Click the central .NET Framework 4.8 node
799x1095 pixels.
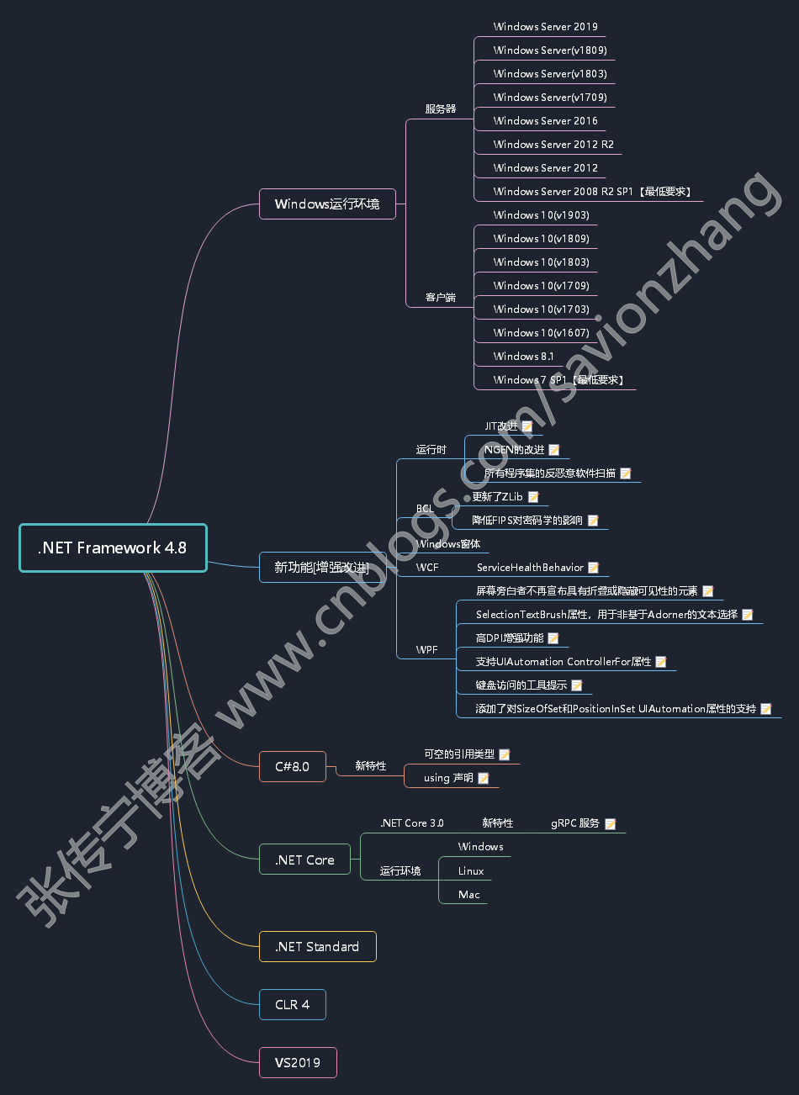coord(113,547)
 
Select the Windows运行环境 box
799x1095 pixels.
coord(327,204)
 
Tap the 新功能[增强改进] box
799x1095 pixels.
coord(322,568)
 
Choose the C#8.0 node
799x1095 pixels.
coord(292,766)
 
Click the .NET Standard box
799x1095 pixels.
coord(317,946)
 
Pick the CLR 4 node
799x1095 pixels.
coord(292,1004)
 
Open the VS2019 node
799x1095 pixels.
coord(298,1062)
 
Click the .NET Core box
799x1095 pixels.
coord(304,860)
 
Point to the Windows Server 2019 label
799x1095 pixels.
coord(545,27)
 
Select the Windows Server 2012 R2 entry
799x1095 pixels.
coord(553,145)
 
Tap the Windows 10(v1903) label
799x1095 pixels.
coord(541,215)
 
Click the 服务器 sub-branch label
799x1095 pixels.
coord(440,109)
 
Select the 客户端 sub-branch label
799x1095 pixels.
coord(440,298)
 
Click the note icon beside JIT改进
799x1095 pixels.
coord(527,426)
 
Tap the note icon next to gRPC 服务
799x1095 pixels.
coord(611,824)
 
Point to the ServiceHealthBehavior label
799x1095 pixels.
coord(530,568)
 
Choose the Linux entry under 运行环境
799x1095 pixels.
coord(471,871)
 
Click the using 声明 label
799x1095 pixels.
coord(448,778)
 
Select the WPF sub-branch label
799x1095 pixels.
coord(426,650)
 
